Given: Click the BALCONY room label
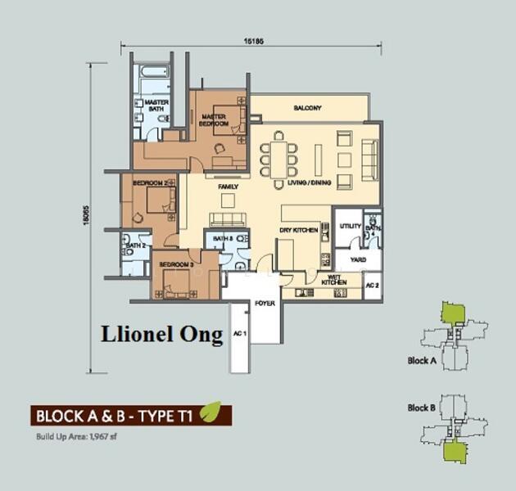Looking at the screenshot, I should [x=308, y=108].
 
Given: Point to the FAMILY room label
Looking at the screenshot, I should [x=228, y=187].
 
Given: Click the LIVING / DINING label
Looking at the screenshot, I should [x=310, y=183].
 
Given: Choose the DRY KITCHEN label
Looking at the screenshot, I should [x=299, y=230].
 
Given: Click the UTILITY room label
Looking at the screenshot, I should [x=351, y=225].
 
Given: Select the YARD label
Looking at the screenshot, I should [x=358, y=259].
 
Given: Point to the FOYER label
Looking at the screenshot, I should [x=265, y=303].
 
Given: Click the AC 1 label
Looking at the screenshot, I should [x=239, y=333].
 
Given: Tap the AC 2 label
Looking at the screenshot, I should [x=371, y=285].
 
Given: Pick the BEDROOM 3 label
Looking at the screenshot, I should [x=176, y=264].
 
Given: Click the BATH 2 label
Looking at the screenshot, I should [x=136, y=245].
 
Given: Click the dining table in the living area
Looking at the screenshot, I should [x=279, y=155].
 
